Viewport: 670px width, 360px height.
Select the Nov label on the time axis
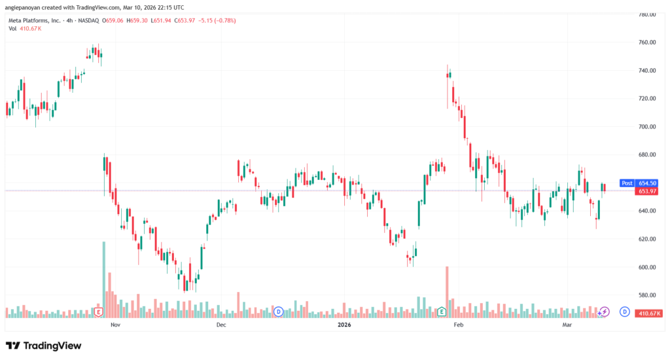[x=116, y=325]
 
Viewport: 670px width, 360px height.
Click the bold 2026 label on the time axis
[x=343, y=325]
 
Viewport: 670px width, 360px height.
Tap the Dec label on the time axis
[x=220, y=325]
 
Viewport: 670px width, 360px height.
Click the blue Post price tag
[x=626, y=184]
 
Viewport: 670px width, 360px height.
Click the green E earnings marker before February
[x=442, y=312]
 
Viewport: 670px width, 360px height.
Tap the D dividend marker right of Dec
[x=279, y=312]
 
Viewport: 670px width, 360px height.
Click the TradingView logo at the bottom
[x=44, y=346]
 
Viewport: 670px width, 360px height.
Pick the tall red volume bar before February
[x=447, y=288]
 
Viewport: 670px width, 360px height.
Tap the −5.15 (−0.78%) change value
[x=216, y=20]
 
